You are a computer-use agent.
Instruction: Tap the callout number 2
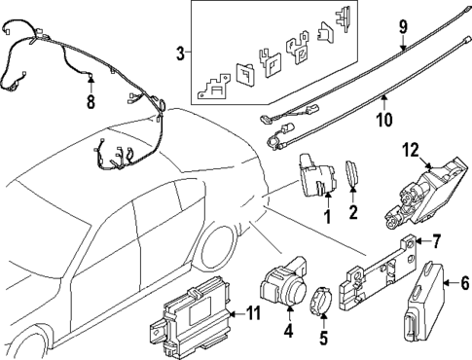[x=354, y=209]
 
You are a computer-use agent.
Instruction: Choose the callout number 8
[x=91, y=101]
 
